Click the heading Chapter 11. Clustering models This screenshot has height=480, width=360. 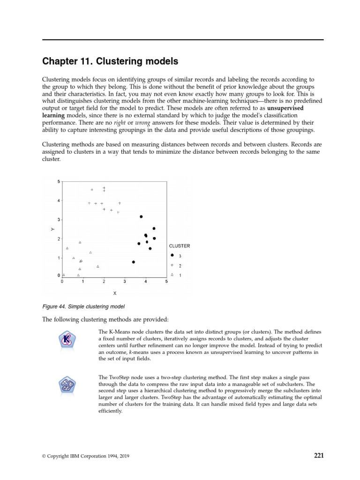point(110,61)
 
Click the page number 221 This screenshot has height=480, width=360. point(318,455)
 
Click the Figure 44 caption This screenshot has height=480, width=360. point(83,307)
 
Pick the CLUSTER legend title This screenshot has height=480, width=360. point(179,246)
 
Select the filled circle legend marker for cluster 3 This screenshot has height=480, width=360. point(172,255)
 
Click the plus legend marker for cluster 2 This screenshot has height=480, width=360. point(172,265)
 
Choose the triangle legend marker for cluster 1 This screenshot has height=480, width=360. point(172,275)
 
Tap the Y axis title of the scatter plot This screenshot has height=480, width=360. point(53,229)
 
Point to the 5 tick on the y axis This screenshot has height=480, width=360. point(59,181)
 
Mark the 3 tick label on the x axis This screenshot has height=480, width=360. point(125,282)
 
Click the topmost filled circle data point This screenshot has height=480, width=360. point(141,217)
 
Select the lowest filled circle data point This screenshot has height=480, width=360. point(134,262)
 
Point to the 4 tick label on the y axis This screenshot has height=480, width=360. point(59,201)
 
